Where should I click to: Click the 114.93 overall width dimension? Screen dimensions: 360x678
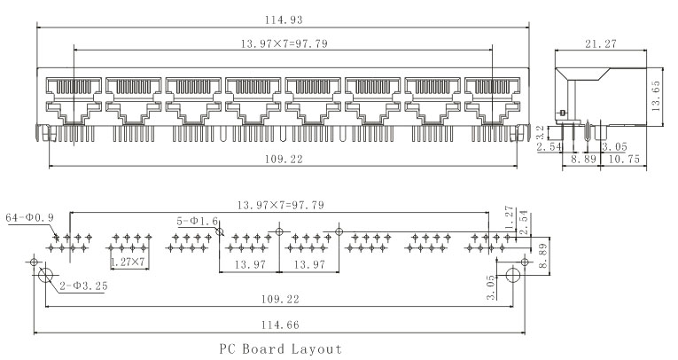(283, 19)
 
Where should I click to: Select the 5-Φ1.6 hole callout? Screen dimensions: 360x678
(197, 221)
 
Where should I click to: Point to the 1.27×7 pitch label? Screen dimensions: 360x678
(129, 262)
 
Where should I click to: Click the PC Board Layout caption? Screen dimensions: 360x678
(281, 349)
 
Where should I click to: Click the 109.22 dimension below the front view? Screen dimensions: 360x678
(283, 160)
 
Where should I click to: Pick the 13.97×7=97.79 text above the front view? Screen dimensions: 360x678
(283, 43)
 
